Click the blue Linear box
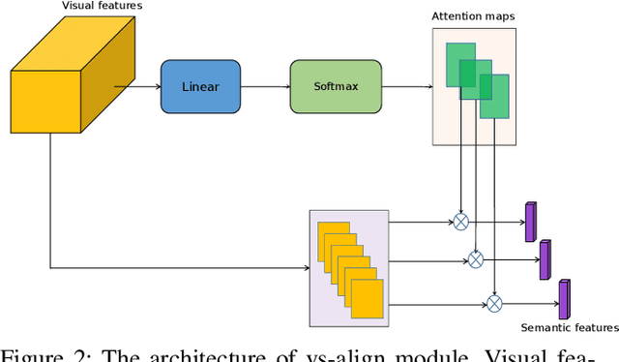(200, 86)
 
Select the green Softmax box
(336, 86)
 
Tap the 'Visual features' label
(102, 7)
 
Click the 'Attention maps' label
(472, 16)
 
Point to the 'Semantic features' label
(570, 328)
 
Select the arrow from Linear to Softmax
(265, 86)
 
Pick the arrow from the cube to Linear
(135, 86)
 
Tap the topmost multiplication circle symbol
(461, 222)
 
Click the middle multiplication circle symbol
(475, 258)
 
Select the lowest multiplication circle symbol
(494, 304)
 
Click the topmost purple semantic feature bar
(530, 222)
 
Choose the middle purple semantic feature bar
(545, 259)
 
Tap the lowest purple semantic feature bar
(564, 299)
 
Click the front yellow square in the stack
(367, 299)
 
